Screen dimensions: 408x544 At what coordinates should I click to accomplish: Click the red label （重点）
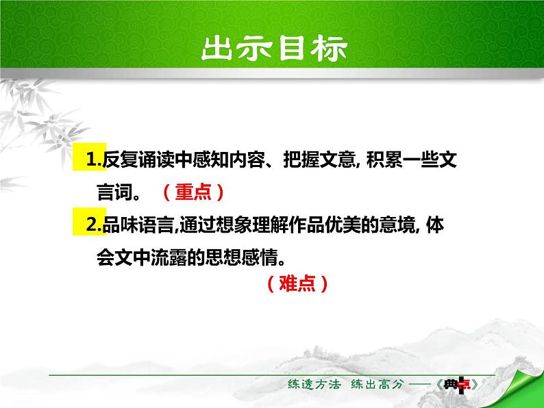pos(193,194)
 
